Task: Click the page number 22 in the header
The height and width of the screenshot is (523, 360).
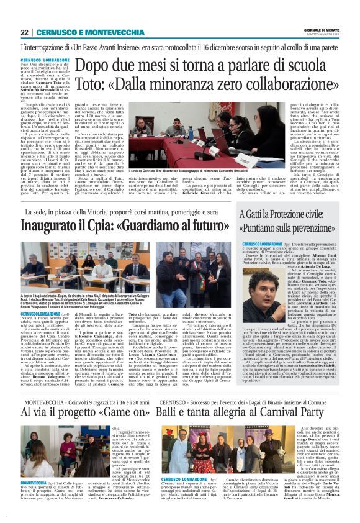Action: point(24,32)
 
